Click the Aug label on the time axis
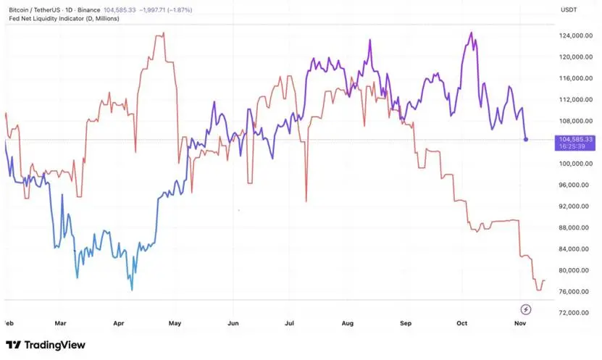click(348, 323)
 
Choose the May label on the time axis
click(175, 323)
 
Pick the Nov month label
click(520, 323)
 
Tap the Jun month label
click(233, 323)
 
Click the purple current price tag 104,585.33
click(574, 143)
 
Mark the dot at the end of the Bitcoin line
click(526, 139)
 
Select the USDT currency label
click(569, 10)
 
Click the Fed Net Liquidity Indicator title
click(64, 18)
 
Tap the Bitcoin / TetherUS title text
click(35, 10)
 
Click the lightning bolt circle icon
click(526, 309)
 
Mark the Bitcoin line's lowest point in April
click(132, 290)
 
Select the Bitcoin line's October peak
click(472, 33)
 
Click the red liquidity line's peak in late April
click(164, 33)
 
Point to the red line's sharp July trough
click(306, 201)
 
